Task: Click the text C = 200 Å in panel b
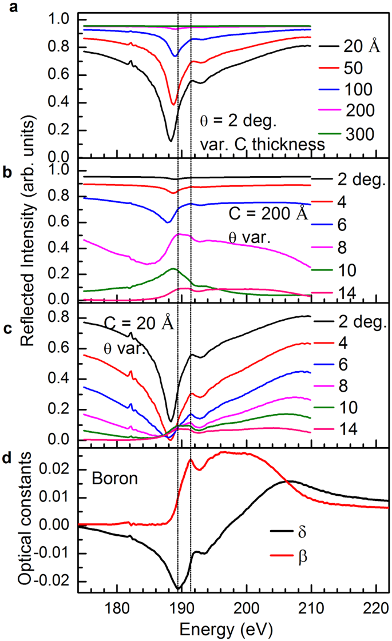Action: point(267,216)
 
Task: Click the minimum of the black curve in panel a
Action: point(170,141)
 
